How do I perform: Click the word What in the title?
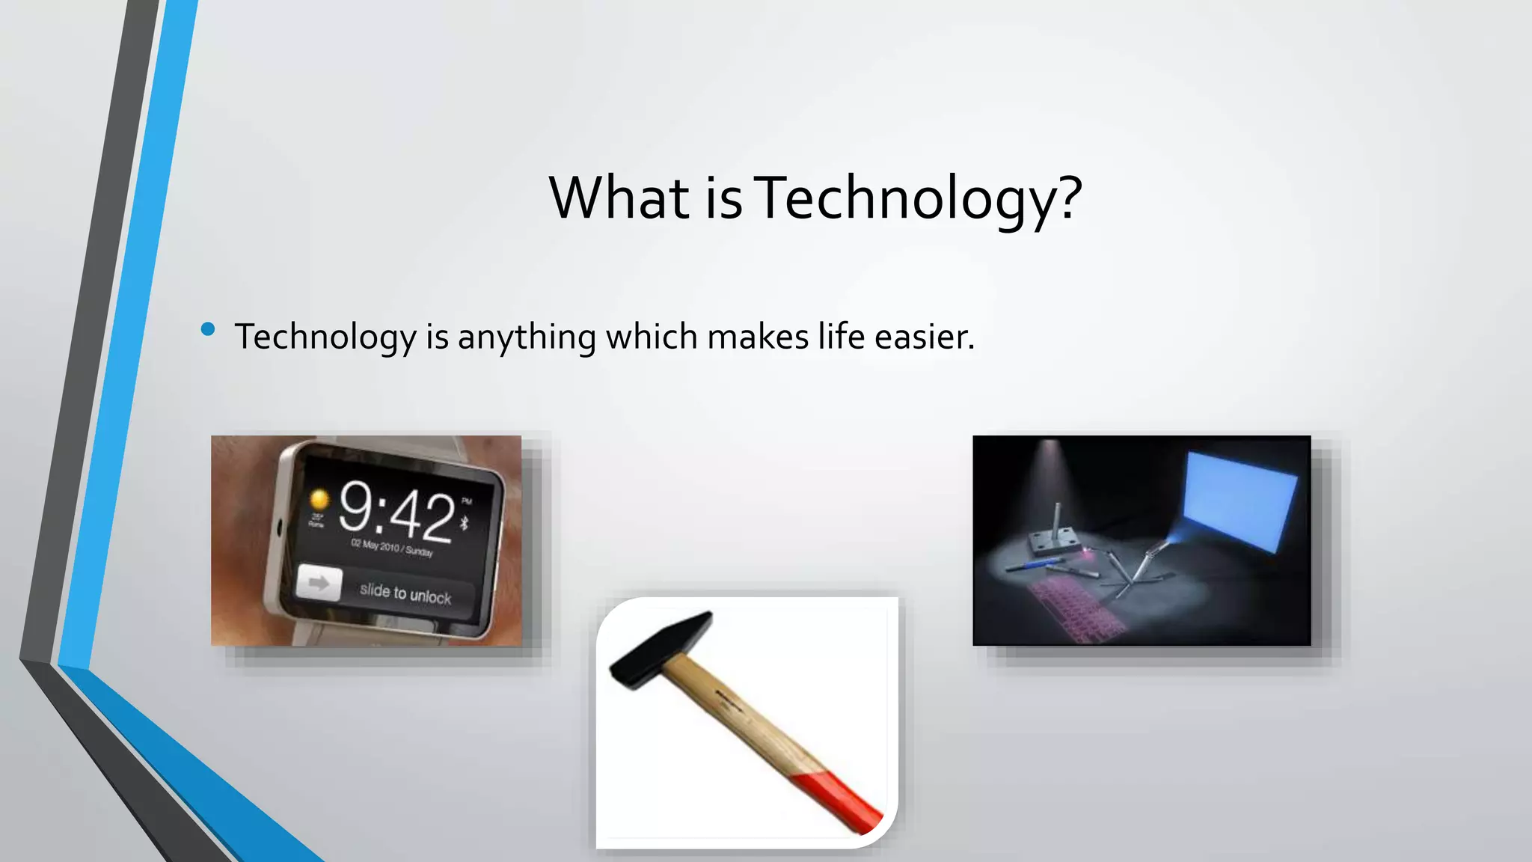point(619,198)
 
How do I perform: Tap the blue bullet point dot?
point(208,329)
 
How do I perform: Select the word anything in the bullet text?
point(527,337)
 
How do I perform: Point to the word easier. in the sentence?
point(925,337)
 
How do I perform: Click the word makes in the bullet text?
point(758,337)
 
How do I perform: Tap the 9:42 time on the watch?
point(396,513)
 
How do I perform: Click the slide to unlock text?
point(405,593)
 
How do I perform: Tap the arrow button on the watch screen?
point(319,583)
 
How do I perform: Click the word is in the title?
point(723,199)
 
